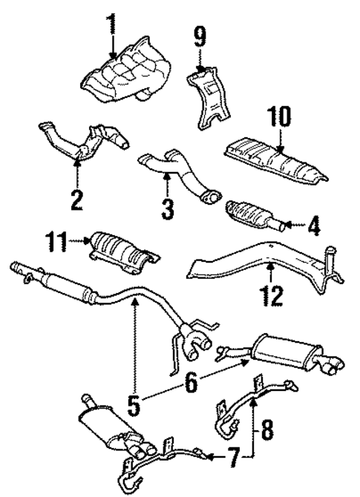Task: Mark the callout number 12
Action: pyautogui.click(x=273, y=296)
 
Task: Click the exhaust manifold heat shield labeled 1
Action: pyautogui.click(x=122, y=77)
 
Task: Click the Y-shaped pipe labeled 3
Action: pyautogui.click(x=178, y=170)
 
